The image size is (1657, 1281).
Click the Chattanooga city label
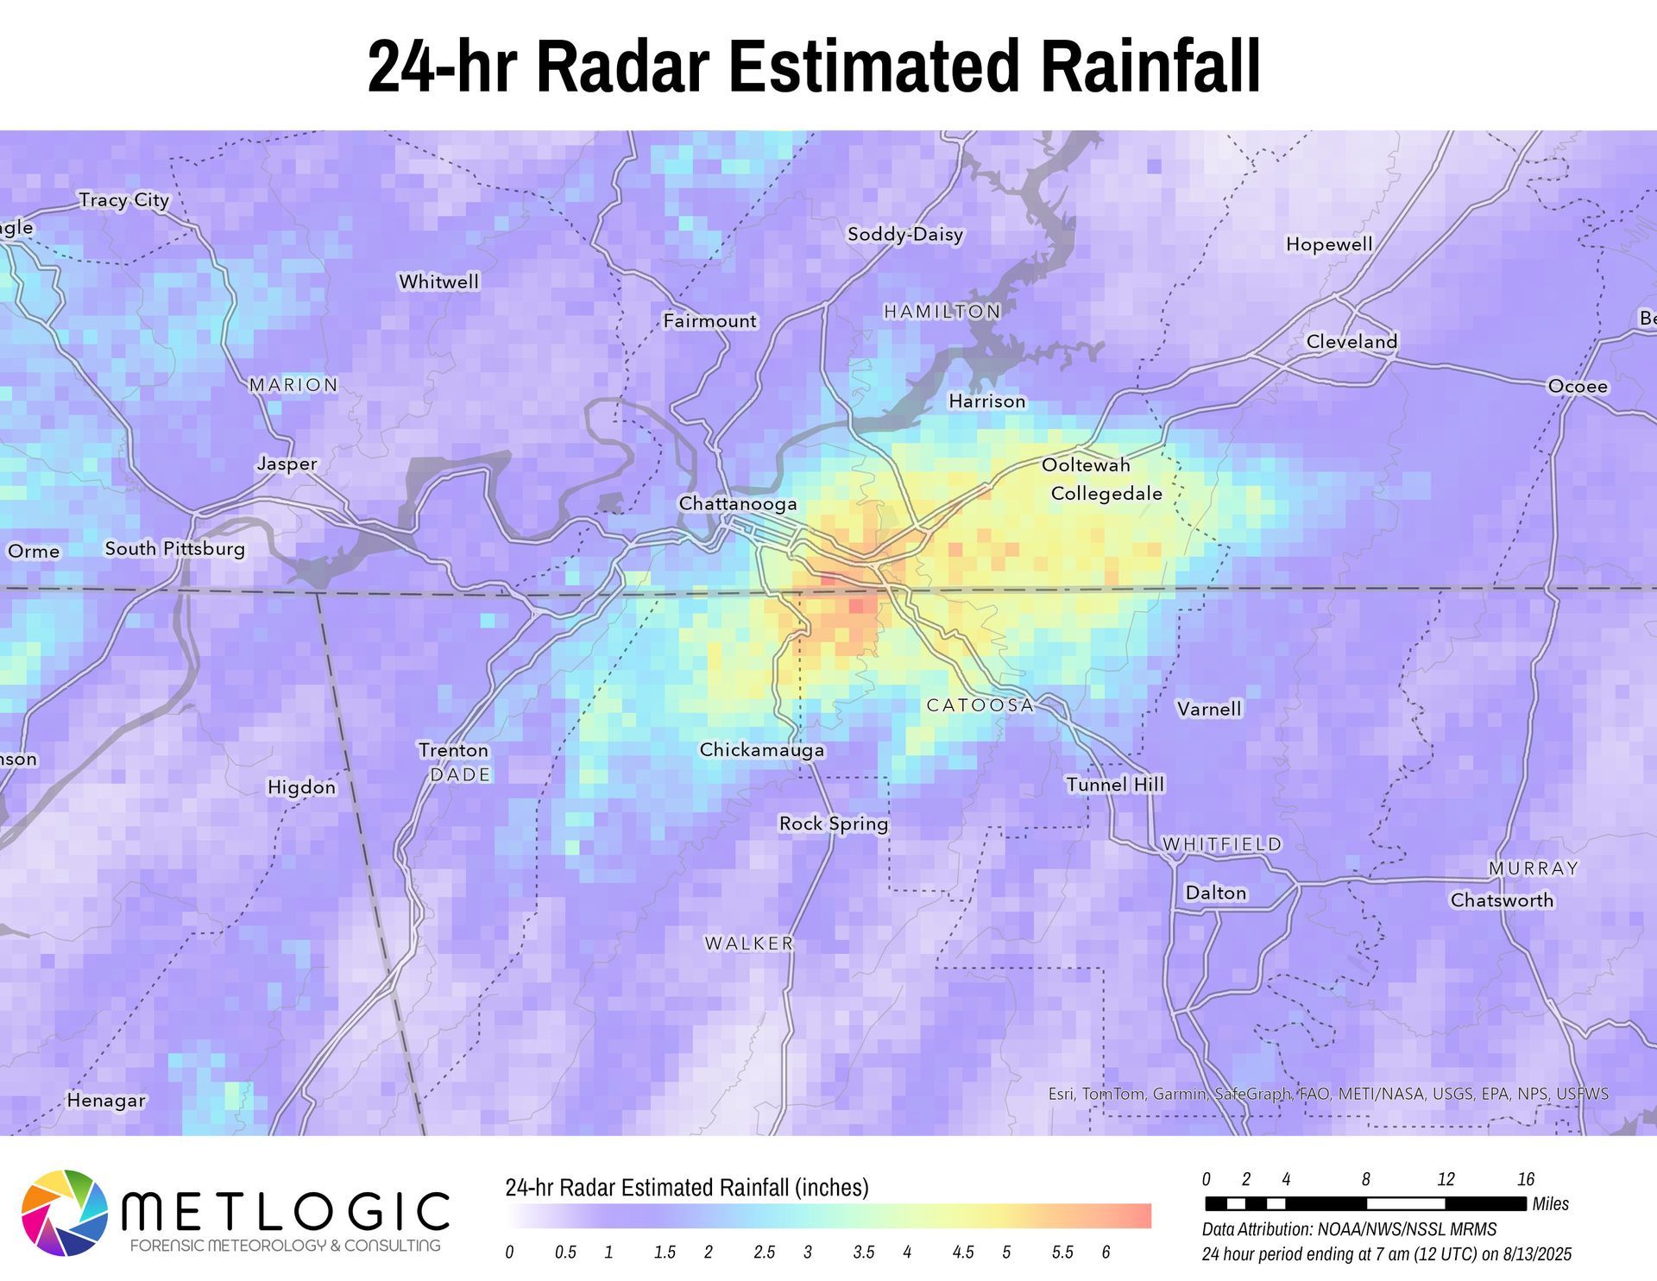click(738, 503)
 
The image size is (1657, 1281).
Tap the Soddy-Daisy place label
click(904, 234)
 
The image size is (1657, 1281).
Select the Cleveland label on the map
click(1351, 341)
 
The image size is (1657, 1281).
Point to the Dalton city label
click(1215, 893)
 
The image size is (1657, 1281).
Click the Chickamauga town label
click(761, 749)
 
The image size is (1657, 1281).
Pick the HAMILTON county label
click(942, 312)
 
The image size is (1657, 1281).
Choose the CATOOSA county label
click(980, 705)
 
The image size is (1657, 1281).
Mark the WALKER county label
click(749, 943)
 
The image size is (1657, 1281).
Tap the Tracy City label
click(124, 200)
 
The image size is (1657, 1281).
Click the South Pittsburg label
click(175, 548)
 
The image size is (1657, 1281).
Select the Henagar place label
click(106, 1101)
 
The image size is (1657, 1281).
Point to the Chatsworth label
click(1502, 900)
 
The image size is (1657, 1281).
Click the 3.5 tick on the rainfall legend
click(863, 1253)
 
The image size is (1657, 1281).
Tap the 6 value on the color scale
click(1106, 1253)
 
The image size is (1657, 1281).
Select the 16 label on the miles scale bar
click(1525, 1179)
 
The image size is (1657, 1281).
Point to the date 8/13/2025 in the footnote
click(1534, 1254)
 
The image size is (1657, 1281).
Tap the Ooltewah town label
click(1086, 465)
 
